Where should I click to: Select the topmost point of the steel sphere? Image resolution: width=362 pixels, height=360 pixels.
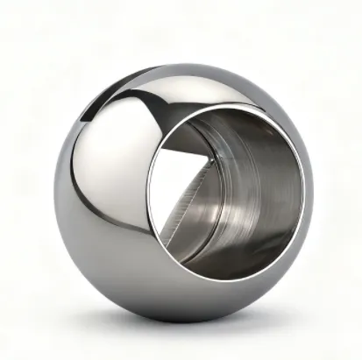pos(188,63)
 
